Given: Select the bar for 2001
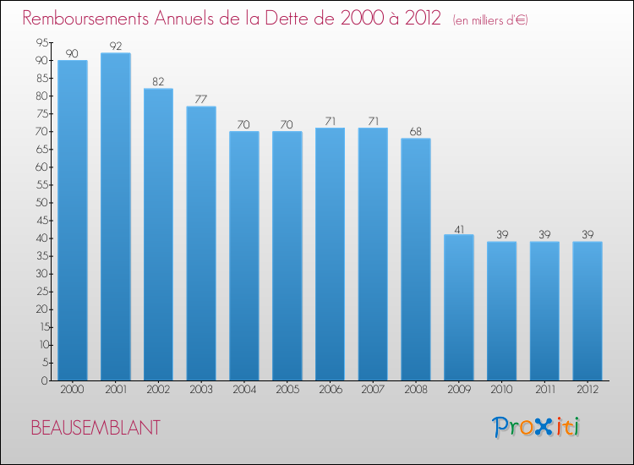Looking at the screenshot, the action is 116,216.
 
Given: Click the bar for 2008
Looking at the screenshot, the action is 416,260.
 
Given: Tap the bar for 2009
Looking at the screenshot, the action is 459,308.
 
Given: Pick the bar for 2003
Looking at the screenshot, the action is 201,243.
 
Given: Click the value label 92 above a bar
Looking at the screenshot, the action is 116,46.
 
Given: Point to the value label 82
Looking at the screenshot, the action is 159,82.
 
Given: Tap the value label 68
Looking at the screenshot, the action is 416,131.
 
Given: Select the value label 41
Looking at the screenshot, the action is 459,230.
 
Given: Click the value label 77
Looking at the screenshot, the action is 201,100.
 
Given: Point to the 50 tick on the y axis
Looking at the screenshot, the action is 42,203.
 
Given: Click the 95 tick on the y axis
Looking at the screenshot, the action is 42,42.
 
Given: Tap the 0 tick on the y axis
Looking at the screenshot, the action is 45,380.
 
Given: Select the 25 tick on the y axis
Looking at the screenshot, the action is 42,292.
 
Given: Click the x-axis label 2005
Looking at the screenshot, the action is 287,390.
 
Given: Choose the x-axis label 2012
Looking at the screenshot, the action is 588,390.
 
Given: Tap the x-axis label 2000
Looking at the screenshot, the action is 73,390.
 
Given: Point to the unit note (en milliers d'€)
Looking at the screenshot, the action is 490,20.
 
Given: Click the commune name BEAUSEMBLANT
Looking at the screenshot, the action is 96,428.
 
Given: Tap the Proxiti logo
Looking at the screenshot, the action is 536,427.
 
